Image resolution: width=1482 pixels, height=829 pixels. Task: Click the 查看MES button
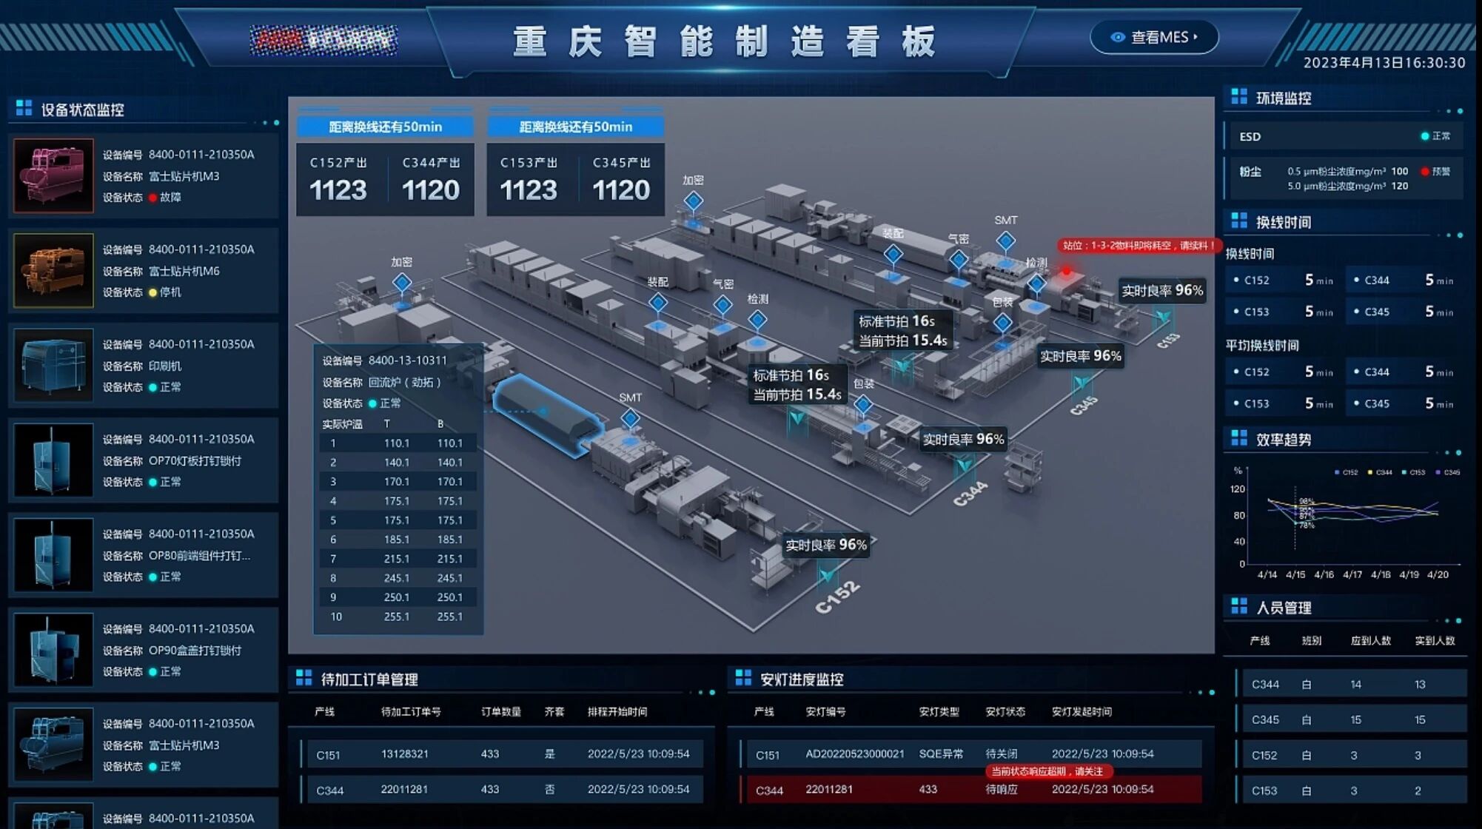coord(1154,37)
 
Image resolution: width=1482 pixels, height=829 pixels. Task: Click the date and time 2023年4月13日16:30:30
coord(1384,63)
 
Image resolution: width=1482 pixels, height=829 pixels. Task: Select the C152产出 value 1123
coord(338,190)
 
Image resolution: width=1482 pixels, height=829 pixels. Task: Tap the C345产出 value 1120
coord(620,190)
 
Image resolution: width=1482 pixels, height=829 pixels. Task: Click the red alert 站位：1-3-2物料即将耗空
coord(1138,246)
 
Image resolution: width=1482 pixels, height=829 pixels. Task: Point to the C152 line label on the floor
coord(837,597)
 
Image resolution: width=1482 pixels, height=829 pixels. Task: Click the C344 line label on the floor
coord(970,494)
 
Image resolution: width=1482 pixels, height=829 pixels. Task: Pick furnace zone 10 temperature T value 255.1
coord(396,617)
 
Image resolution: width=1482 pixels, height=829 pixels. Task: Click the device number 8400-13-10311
coord(407,360)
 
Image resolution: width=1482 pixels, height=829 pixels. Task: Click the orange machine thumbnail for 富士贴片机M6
coord(54,270)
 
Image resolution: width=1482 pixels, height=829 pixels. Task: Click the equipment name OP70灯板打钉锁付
coord(195,461)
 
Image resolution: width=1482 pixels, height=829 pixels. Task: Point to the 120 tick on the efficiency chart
coord(1237,489)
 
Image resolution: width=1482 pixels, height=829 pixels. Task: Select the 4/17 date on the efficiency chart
coord(1352,574)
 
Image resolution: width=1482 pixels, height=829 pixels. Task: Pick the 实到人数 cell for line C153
coord(1418,791)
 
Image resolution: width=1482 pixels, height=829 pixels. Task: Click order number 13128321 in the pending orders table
coord(404,754)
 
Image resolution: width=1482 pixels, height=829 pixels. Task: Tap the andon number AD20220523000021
coord(854,754)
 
